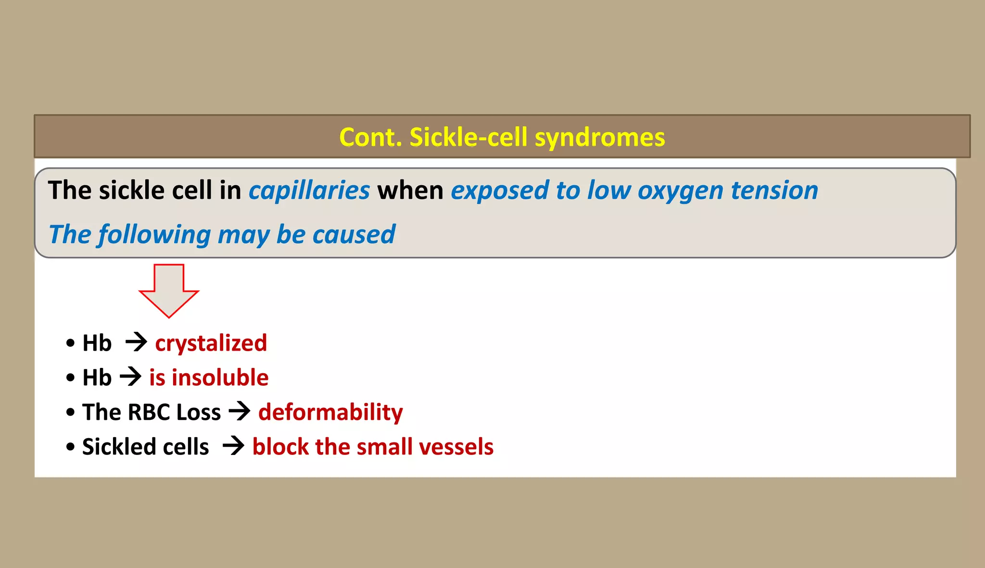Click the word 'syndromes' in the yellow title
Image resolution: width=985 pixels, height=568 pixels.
(x=600, y=138)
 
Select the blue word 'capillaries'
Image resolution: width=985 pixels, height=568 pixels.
(x=309, y=190)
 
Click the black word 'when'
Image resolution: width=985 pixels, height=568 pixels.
(x=410, y=190)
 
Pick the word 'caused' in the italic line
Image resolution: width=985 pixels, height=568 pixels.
(x=354, y=235)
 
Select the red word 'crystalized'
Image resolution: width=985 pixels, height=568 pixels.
(x=211, y=343)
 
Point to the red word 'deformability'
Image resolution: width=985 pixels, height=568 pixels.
(x=330, y=413)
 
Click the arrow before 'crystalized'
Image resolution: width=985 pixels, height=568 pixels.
(x=136, y=342)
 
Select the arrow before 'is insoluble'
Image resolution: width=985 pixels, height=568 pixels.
(x=130, y=377)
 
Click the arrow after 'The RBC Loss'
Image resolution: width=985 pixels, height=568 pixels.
(x=240, y=411)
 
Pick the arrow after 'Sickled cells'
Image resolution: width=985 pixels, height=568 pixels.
(x=234, y=446)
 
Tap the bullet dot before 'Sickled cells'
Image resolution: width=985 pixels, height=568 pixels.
(x=71, y=447)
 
